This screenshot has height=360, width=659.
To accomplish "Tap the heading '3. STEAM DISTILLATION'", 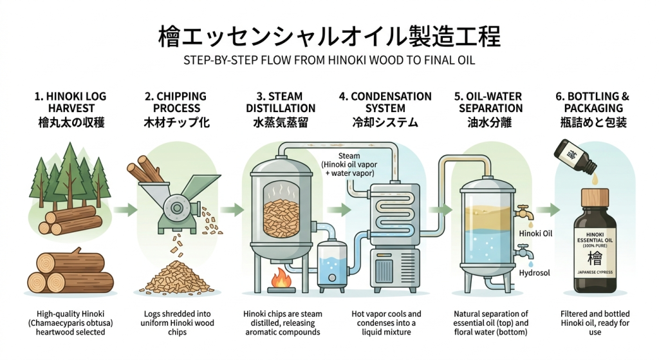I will click(281, 102).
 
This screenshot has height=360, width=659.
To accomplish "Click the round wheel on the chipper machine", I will click(174, 208).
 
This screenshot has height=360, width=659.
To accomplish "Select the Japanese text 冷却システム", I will click(385, 122).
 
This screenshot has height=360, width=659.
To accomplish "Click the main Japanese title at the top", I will click(329, 37).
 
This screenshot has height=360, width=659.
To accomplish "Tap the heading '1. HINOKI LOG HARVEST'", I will click(70, 102).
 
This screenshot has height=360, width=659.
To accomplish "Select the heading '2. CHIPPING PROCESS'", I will click(176, 102).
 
